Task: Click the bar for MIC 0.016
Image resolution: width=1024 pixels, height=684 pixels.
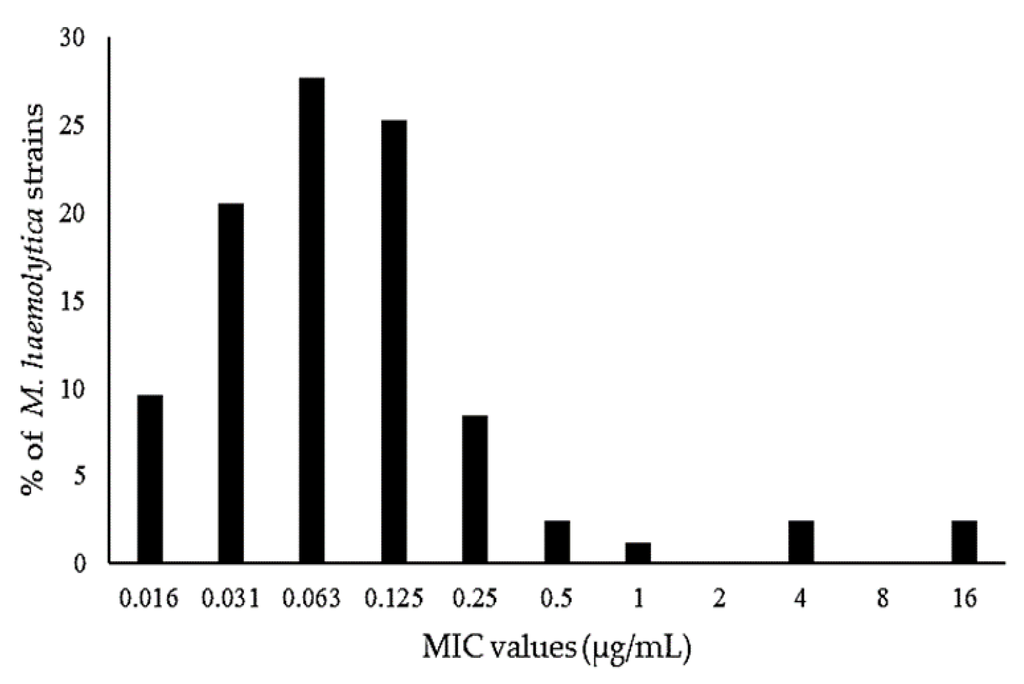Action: [150, 478]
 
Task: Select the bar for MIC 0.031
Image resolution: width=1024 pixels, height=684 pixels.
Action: [231, 383]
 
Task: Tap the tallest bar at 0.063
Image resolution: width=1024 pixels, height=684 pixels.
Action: [312, 320]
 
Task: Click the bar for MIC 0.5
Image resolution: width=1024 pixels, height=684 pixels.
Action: [557, 541]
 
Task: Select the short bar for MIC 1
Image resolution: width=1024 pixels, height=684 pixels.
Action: [638, 552]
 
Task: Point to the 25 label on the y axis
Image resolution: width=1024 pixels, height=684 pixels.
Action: [72, 126]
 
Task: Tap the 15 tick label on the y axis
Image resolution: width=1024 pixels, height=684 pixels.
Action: [72, 302]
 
